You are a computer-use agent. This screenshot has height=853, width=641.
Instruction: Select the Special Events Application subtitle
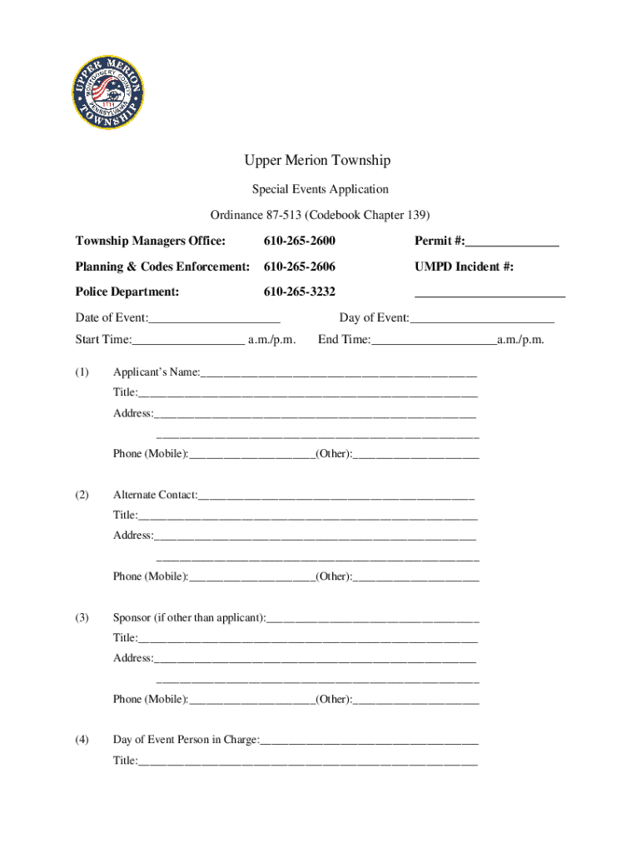pos(320,189)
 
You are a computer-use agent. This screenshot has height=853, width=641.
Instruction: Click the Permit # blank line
pos(512,242)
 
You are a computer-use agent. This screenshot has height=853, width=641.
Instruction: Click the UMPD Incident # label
pos(464,267)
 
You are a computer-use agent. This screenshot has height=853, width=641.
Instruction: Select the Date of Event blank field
pos(215,318)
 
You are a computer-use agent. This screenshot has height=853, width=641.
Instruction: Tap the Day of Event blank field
pos(482,318)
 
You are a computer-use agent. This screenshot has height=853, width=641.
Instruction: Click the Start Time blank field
pos(188,340)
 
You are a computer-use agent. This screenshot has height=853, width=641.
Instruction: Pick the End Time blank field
pos(434,340)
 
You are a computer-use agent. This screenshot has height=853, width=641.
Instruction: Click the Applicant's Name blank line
pos(339,372)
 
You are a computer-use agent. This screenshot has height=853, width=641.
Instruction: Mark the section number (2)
pos(82,495)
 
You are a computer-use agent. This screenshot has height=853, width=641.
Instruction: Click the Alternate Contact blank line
pos(336,496)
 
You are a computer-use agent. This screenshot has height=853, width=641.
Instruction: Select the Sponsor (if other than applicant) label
pos(190,617)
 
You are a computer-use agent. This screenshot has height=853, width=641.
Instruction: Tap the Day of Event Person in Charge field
pos(370,740)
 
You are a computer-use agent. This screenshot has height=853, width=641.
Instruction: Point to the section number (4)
pos(82,739)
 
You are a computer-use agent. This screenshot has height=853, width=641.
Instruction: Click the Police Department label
pos(127,292)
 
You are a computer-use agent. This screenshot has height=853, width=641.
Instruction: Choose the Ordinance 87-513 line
pos(320,215)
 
